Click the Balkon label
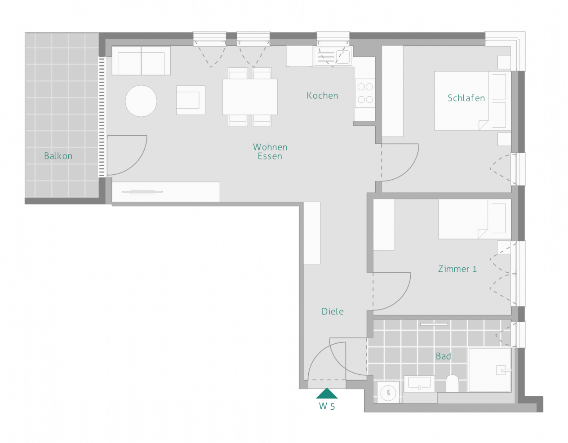coord(58,156)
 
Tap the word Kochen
coord(322,96)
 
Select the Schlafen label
coord(466,98)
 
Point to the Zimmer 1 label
coord(457,269)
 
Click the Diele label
coord(333,311)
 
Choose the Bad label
coord(444,356)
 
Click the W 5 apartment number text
coord(327,406)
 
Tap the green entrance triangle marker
coord(327,394)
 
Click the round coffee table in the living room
coord(141,101)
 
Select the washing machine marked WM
coord(388,392)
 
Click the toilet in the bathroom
coord(452,384)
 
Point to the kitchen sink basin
coord(343,57)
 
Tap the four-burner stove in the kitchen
coord(365,93)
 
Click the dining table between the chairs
coord(250,97)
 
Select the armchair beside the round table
coord(191,100)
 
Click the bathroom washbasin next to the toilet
coord(419,384)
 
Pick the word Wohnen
coord(270,147)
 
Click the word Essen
coord(270,156)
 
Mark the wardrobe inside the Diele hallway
coord(312,233)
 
